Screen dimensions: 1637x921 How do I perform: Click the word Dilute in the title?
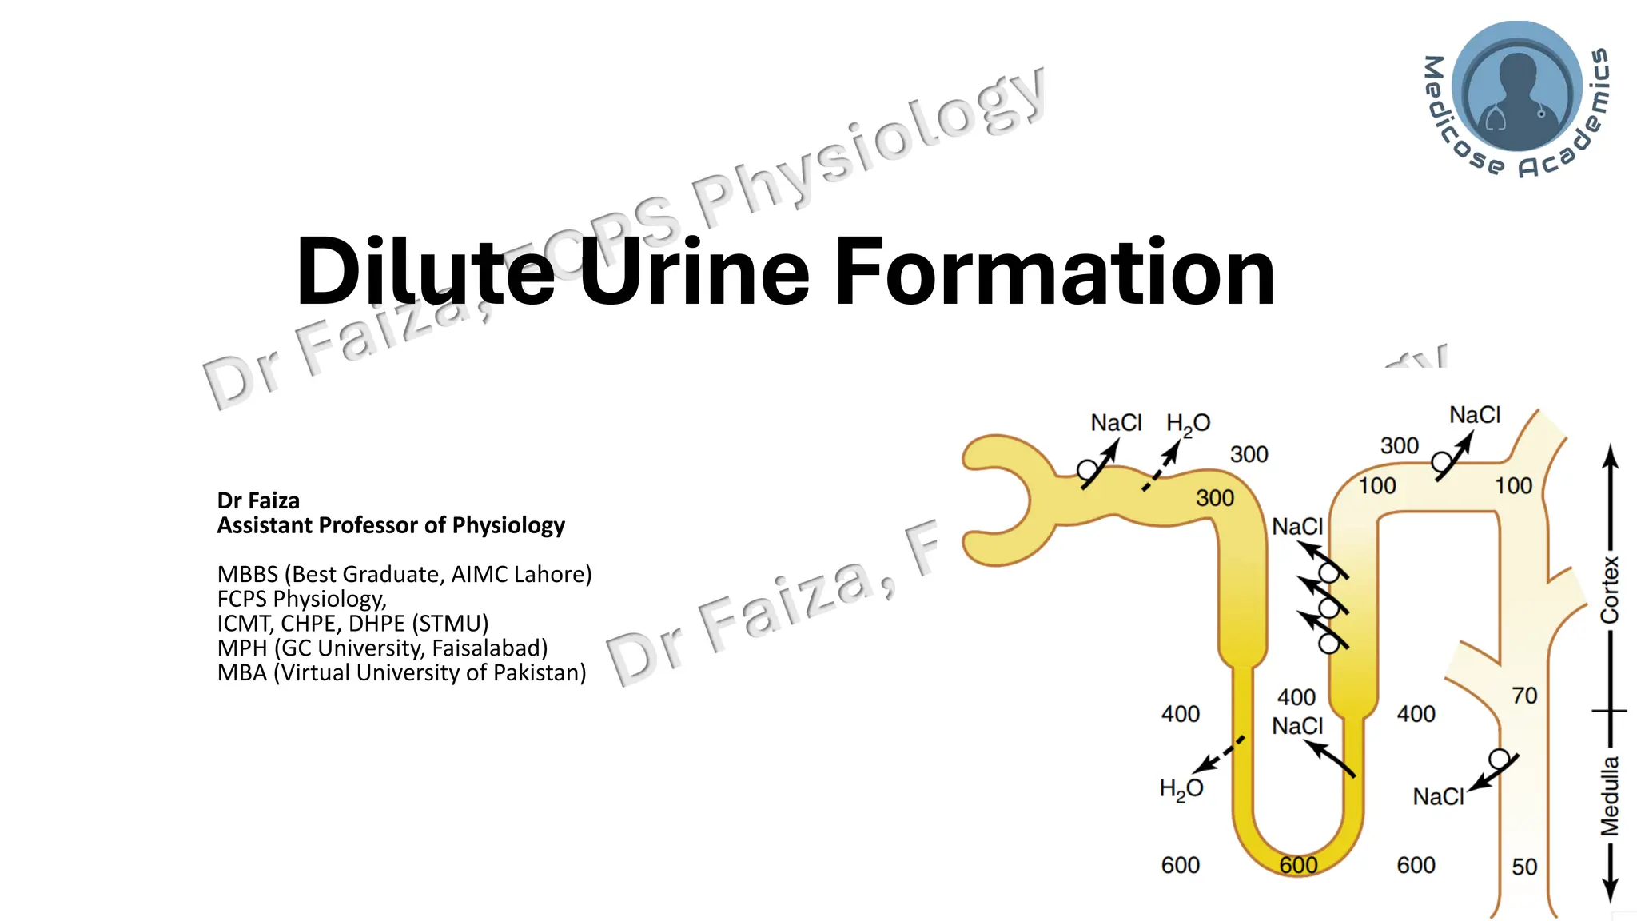point(424,272)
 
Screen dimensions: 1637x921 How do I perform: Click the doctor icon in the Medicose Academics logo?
point(1516,88)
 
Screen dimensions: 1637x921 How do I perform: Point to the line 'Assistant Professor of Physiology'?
point(391,525)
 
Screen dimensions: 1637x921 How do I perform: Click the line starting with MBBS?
point(404,574)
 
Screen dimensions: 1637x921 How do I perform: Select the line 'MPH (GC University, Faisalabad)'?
point(382,648)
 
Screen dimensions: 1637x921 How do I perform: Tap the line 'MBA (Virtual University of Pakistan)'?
point(401,672)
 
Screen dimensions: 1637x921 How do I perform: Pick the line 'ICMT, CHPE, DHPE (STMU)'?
point(352,623)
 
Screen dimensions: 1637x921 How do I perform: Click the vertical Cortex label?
point(1609,589)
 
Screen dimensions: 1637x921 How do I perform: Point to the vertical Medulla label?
point(1609,796)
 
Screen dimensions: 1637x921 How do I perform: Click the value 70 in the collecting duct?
point(1524,696)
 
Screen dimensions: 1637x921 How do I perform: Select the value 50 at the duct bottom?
point(1524,867)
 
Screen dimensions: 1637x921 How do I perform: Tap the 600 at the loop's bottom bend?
point(1298,865)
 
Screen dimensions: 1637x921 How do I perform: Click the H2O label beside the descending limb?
point(1181,789)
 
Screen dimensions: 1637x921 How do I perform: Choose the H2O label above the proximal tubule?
point(1188,424)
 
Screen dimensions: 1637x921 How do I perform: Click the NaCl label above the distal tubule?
point(1475,415)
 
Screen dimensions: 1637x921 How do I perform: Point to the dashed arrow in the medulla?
point(1219,754)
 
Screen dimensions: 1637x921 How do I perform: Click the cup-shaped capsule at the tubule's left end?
point(999,500)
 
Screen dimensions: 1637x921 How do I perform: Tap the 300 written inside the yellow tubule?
point(1215,498)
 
